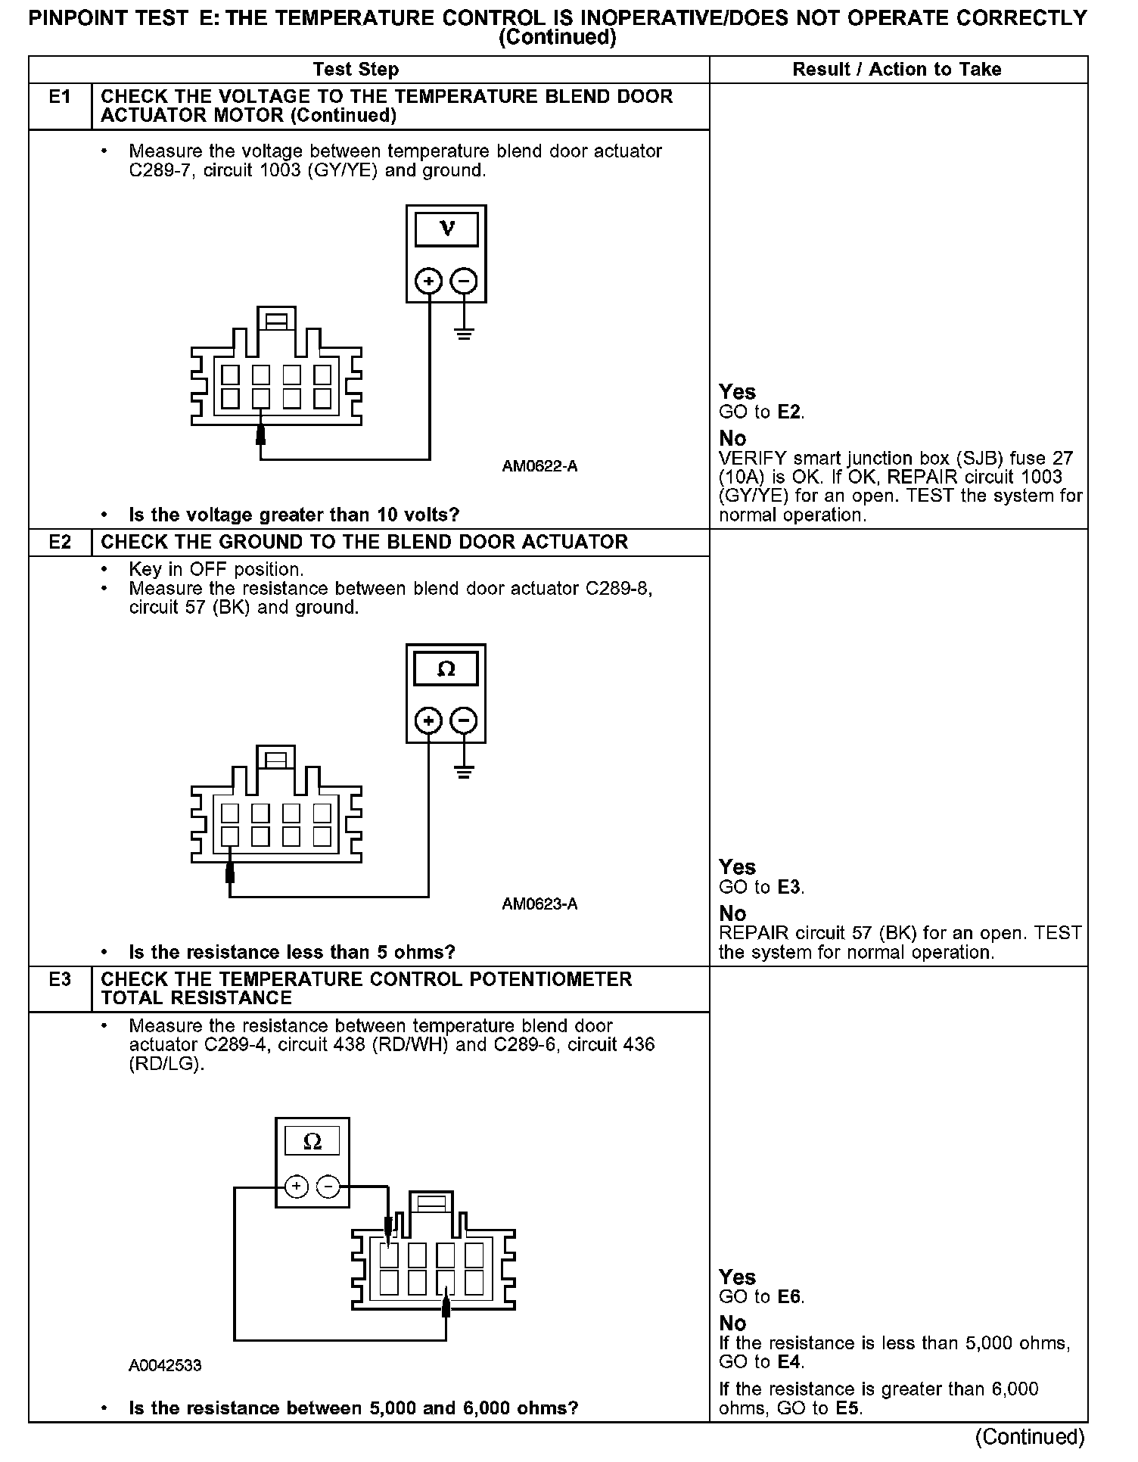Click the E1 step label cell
tap(60, 98)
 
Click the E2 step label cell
tap(60, 543)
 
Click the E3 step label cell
tap(60, 980)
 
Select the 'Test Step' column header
tap(356, 70)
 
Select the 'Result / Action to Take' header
tap(897, 70)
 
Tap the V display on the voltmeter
tap(446, 229)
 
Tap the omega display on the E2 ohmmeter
tap(446, 669)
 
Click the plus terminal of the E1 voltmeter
tap(429, 282)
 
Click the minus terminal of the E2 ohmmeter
tap(464, 720)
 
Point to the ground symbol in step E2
tap(464, 773)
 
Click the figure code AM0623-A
tap(539, 904)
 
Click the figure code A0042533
tap(165, 1366)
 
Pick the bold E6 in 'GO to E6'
tap(789, 1297)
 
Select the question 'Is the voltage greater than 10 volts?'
tap(294, 515)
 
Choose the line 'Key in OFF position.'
tap(216, 569)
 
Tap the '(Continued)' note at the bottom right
tap(1030, 1436)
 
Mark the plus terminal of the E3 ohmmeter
tap(296, 1187)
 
